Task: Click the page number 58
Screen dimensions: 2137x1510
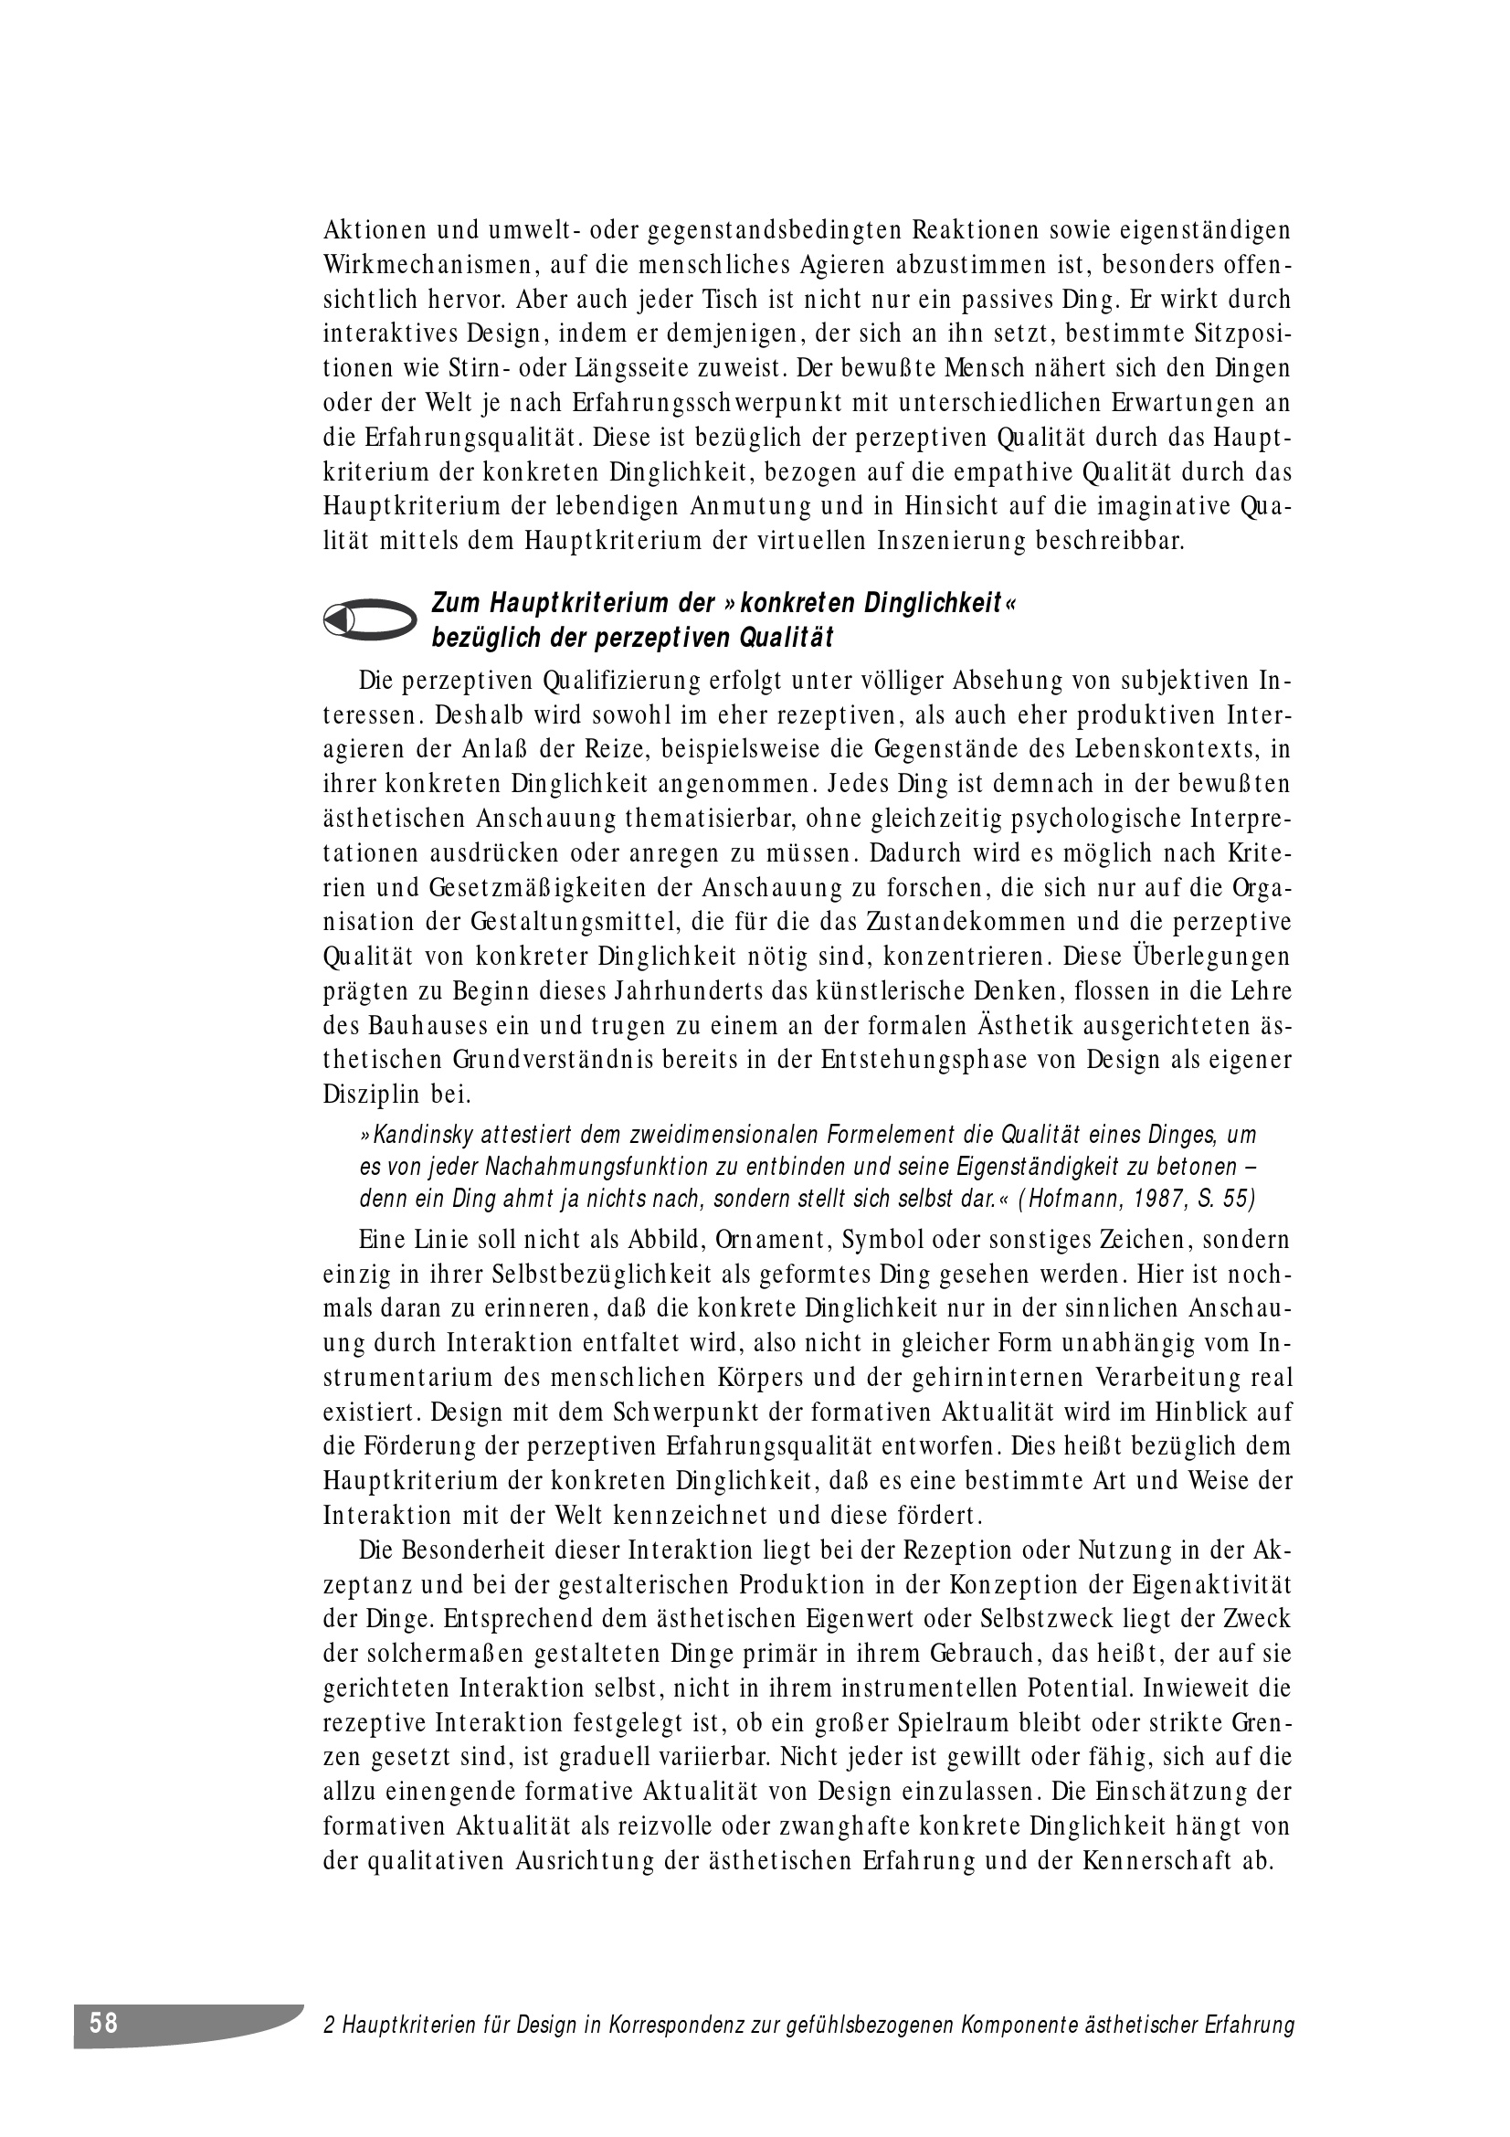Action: [x=104, y=2023]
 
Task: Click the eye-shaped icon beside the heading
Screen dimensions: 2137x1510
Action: [x=369, y=619]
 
